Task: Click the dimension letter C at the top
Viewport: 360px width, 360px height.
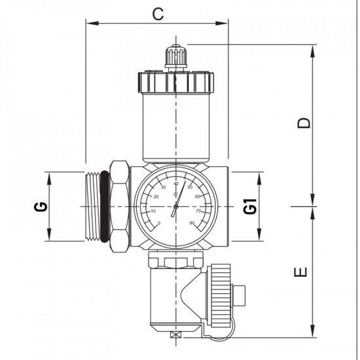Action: (x=157, y=13)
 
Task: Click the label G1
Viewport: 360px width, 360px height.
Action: (x=249, y=207)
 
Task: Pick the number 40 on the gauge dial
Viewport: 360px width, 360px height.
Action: (x=175, y=184)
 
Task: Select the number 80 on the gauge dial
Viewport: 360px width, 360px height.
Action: (x=192, y=223)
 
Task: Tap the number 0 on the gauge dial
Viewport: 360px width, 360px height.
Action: (x=159, y=223)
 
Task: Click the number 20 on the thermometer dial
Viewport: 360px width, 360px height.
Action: (x=156, y=197)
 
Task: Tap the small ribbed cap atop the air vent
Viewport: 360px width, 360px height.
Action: (x=175, y=56)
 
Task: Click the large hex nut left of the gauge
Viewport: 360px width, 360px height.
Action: (x=118, y=207)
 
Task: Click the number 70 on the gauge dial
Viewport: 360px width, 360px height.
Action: (x=198, y=211)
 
